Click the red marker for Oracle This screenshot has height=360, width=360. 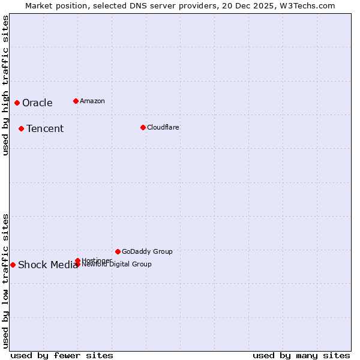17,103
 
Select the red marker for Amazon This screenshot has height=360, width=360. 76,101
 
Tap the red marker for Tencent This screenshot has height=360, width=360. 21,128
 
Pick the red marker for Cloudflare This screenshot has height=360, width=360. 143,127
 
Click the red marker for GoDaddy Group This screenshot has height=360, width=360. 118,251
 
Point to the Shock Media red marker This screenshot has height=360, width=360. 13,265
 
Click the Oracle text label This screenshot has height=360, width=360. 37,103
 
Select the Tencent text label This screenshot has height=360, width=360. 45,128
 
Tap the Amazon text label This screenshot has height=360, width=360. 92,101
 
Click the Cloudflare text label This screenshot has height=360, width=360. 163,127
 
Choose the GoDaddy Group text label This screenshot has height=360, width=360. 147,251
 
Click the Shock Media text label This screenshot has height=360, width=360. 47,265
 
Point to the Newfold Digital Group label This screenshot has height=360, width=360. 117,265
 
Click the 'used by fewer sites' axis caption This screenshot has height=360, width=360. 62,355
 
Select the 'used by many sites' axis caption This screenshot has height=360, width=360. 301,355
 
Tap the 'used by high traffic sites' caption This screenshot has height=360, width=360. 5,85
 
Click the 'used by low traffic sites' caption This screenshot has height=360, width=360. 5,280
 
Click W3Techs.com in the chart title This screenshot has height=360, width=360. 306,5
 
